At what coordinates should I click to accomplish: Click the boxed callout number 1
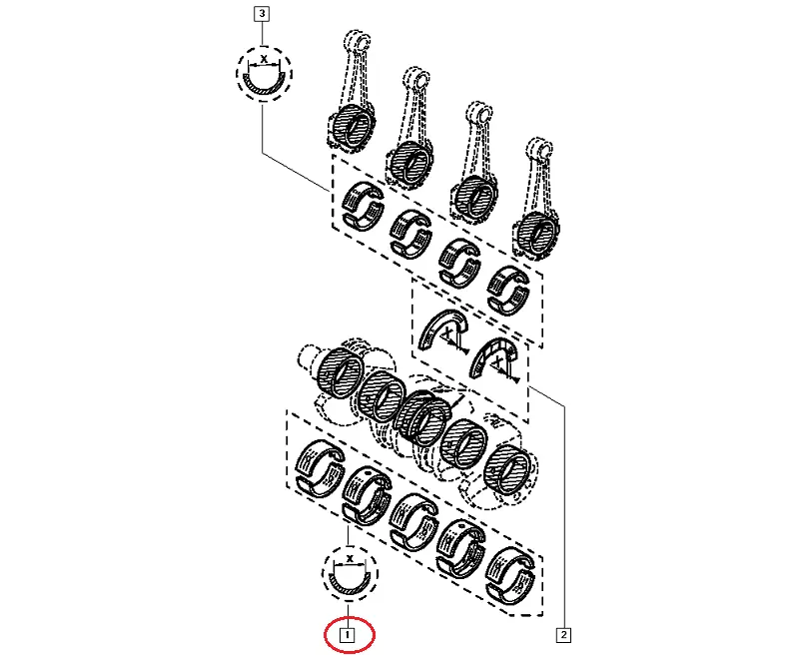point(348,635)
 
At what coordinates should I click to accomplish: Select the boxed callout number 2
point(563,635)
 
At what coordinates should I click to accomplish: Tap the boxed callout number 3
point(262,13)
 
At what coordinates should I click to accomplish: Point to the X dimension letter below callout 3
point(264,59)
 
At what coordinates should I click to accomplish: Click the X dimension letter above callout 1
point(350,558)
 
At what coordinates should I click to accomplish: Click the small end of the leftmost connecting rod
point(358,41)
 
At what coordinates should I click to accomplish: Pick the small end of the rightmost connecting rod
point(539,148)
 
